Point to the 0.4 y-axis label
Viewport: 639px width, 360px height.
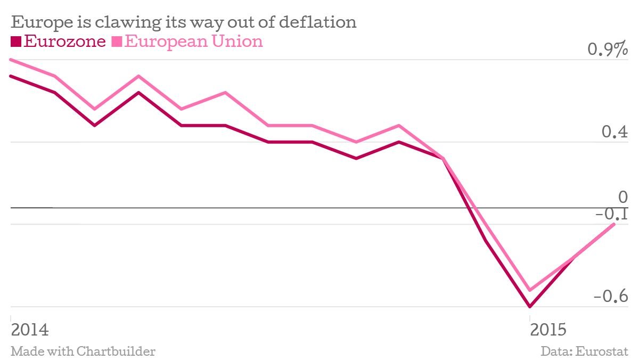pyautogui.click(x=615, y=132)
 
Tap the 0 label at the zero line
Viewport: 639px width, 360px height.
pyautogui.click(x=623, y=198)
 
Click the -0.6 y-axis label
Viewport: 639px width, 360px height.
pyautogui.click(x=611, y=296)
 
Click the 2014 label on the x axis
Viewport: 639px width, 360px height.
pyautogui.click(x=30, y=329)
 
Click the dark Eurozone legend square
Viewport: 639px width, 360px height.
pyautogui.click(x=15, y=42)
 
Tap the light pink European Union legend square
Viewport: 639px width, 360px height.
pyautogui.click(x=117, y=42)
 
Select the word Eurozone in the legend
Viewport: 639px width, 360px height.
pyautogui.click(x=65, y=41)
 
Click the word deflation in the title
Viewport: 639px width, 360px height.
pyautogui.click(x=317, y=22)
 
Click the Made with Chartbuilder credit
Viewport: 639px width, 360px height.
pyautogui.click(x=83, y=351)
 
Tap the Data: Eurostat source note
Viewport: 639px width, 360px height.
pyautogui.click(x=585, y=351)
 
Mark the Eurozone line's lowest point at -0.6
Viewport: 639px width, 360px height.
pyautogui.click(x=530, y=307)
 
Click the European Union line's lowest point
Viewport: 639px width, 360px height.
pyautogui.click(x=530, y=290)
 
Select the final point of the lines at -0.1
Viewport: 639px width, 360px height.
pyautogui.click(x=615, y=224)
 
